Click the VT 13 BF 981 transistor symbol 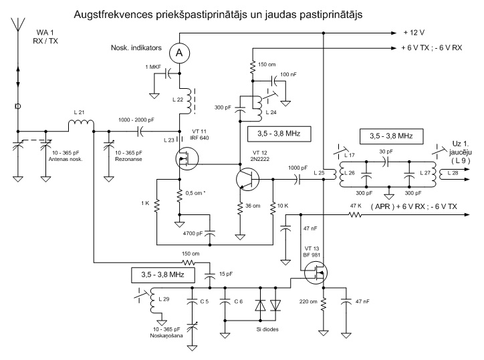tap(316, 272)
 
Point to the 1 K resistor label tap(145, 203)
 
